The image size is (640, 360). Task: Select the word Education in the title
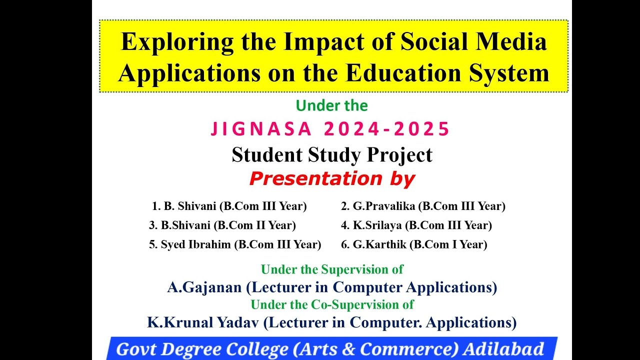[397, 73]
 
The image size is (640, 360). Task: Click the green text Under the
[331, 106]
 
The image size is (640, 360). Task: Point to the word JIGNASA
[261, 129]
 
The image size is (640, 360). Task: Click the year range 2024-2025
[387, 129]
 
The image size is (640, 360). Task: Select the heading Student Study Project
[331, 155]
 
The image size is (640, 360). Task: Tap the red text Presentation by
[331, 178]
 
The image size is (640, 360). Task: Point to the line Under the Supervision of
[331, 269]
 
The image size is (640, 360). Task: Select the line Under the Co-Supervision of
[331, 304]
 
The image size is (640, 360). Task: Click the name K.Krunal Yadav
[202, 322]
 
